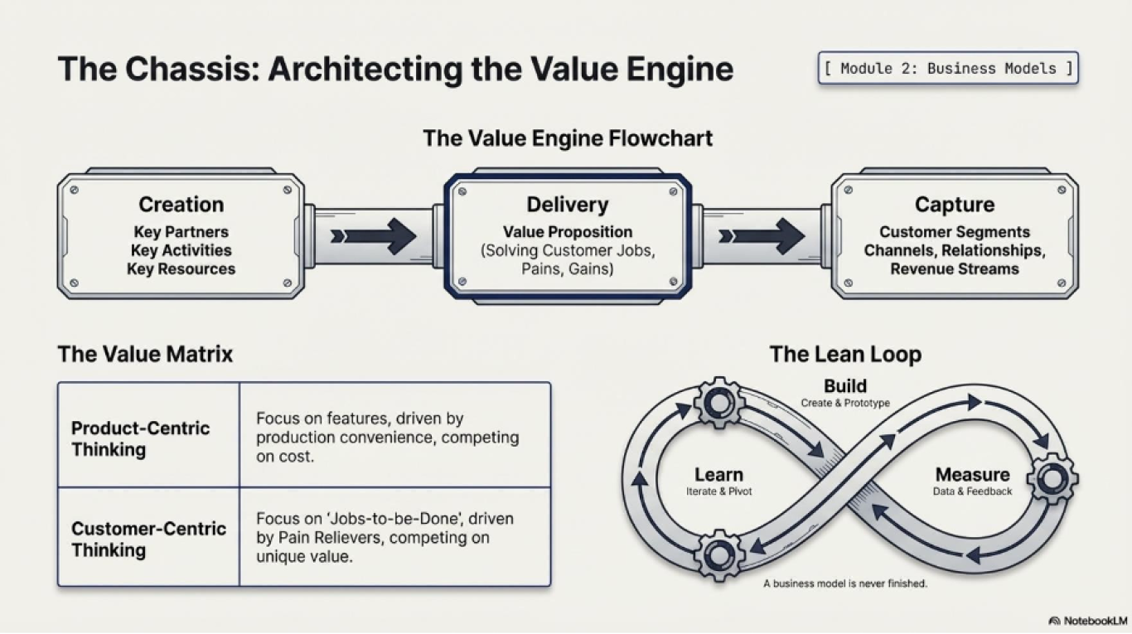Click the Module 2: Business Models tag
(x=948, y=68)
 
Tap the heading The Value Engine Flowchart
(x=568, y=138)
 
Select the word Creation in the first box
(x=181, y=204)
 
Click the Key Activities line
(x=181, y=250)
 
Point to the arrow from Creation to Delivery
(x=374, y=236)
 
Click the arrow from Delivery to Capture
(x=762, y=236)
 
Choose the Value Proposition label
(x=568, y=231)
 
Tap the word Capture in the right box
(x=955, y=204)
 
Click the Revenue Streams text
(x=955, y=269)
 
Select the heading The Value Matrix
(x=145, y=354)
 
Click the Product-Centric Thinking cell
(x=148, y=435)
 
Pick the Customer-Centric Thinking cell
(x=148, y=537)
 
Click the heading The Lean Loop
(x=845, y=354)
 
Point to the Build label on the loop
(x=845, y=385)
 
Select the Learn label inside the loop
(x=718, y=474)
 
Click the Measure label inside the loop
(x=972, y=474)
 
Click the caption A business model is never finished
(x=845, y=583)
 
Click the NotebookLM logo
(x=1087, y=621)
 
